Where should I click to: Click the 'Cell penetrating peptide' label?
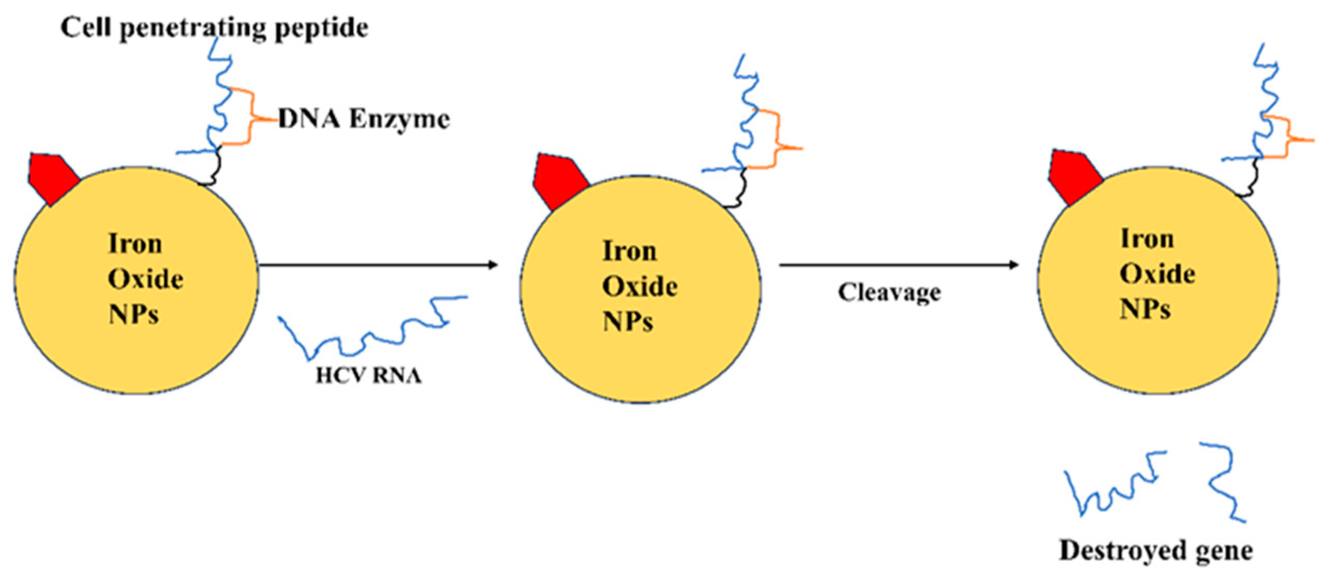(x=214, y=28)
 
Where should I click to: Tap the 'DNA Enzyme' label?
(x=364, y=119)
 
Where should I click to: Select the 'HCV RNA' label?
(x=368, y=375)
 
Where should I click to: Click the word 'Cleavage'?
(x=889, y=292)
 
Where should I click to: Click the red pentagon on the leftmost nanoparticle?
(x=52, y=177)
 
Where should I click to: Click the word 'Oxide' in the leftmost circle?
(x=145, y=280)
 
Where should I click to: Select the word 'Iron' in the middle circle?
(x=629, y=251)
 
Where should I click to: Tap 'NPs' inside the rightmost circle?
(x=1144, y=309)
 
